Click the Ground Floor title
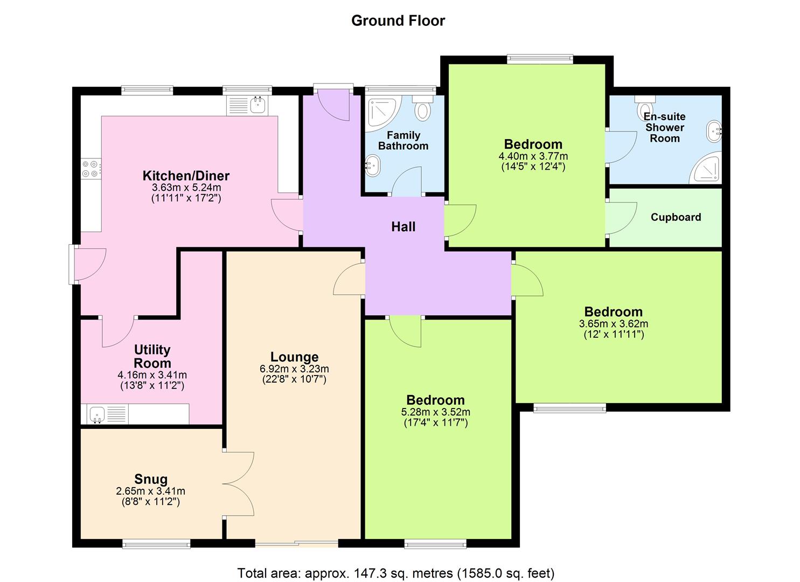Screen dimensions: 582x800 (x=398, y=20)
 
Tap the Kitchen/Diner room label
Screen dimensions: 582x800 (x=186, y=176)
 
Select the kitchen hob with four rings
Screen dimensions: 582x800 (x=90, y=169)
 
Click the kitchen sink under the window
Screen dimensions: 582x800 (x=258, y=105)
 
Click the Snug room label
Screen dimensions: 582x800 (x=151, y=479)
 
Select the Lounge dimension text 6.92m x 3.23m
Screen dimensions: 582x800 (x=294, y=369)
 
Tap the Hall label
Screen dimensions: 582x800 (x=403, y=227)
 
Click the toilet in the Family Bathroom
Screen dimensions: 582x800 (x=423, y=109)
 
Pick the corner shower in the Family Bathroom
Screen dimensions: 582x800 (x=381, y=114)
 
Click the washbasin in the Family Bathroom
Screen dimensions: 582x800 (x=373, y=165)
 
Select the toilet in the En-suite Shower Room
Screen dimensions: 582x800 (x=644, y=108)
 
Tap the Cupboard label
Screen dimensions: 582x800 (x=676, y=217)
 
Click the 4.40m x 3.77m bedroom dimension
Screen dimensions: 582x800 (x=533, y=156)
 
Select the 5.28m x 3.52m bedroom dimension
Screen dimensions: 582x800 (x=435, y=412)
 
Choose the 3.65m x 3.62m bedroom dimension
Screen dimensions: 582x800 (x=613, y=324)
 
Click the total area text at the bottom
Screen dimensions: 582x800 (x=396, y=573)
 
